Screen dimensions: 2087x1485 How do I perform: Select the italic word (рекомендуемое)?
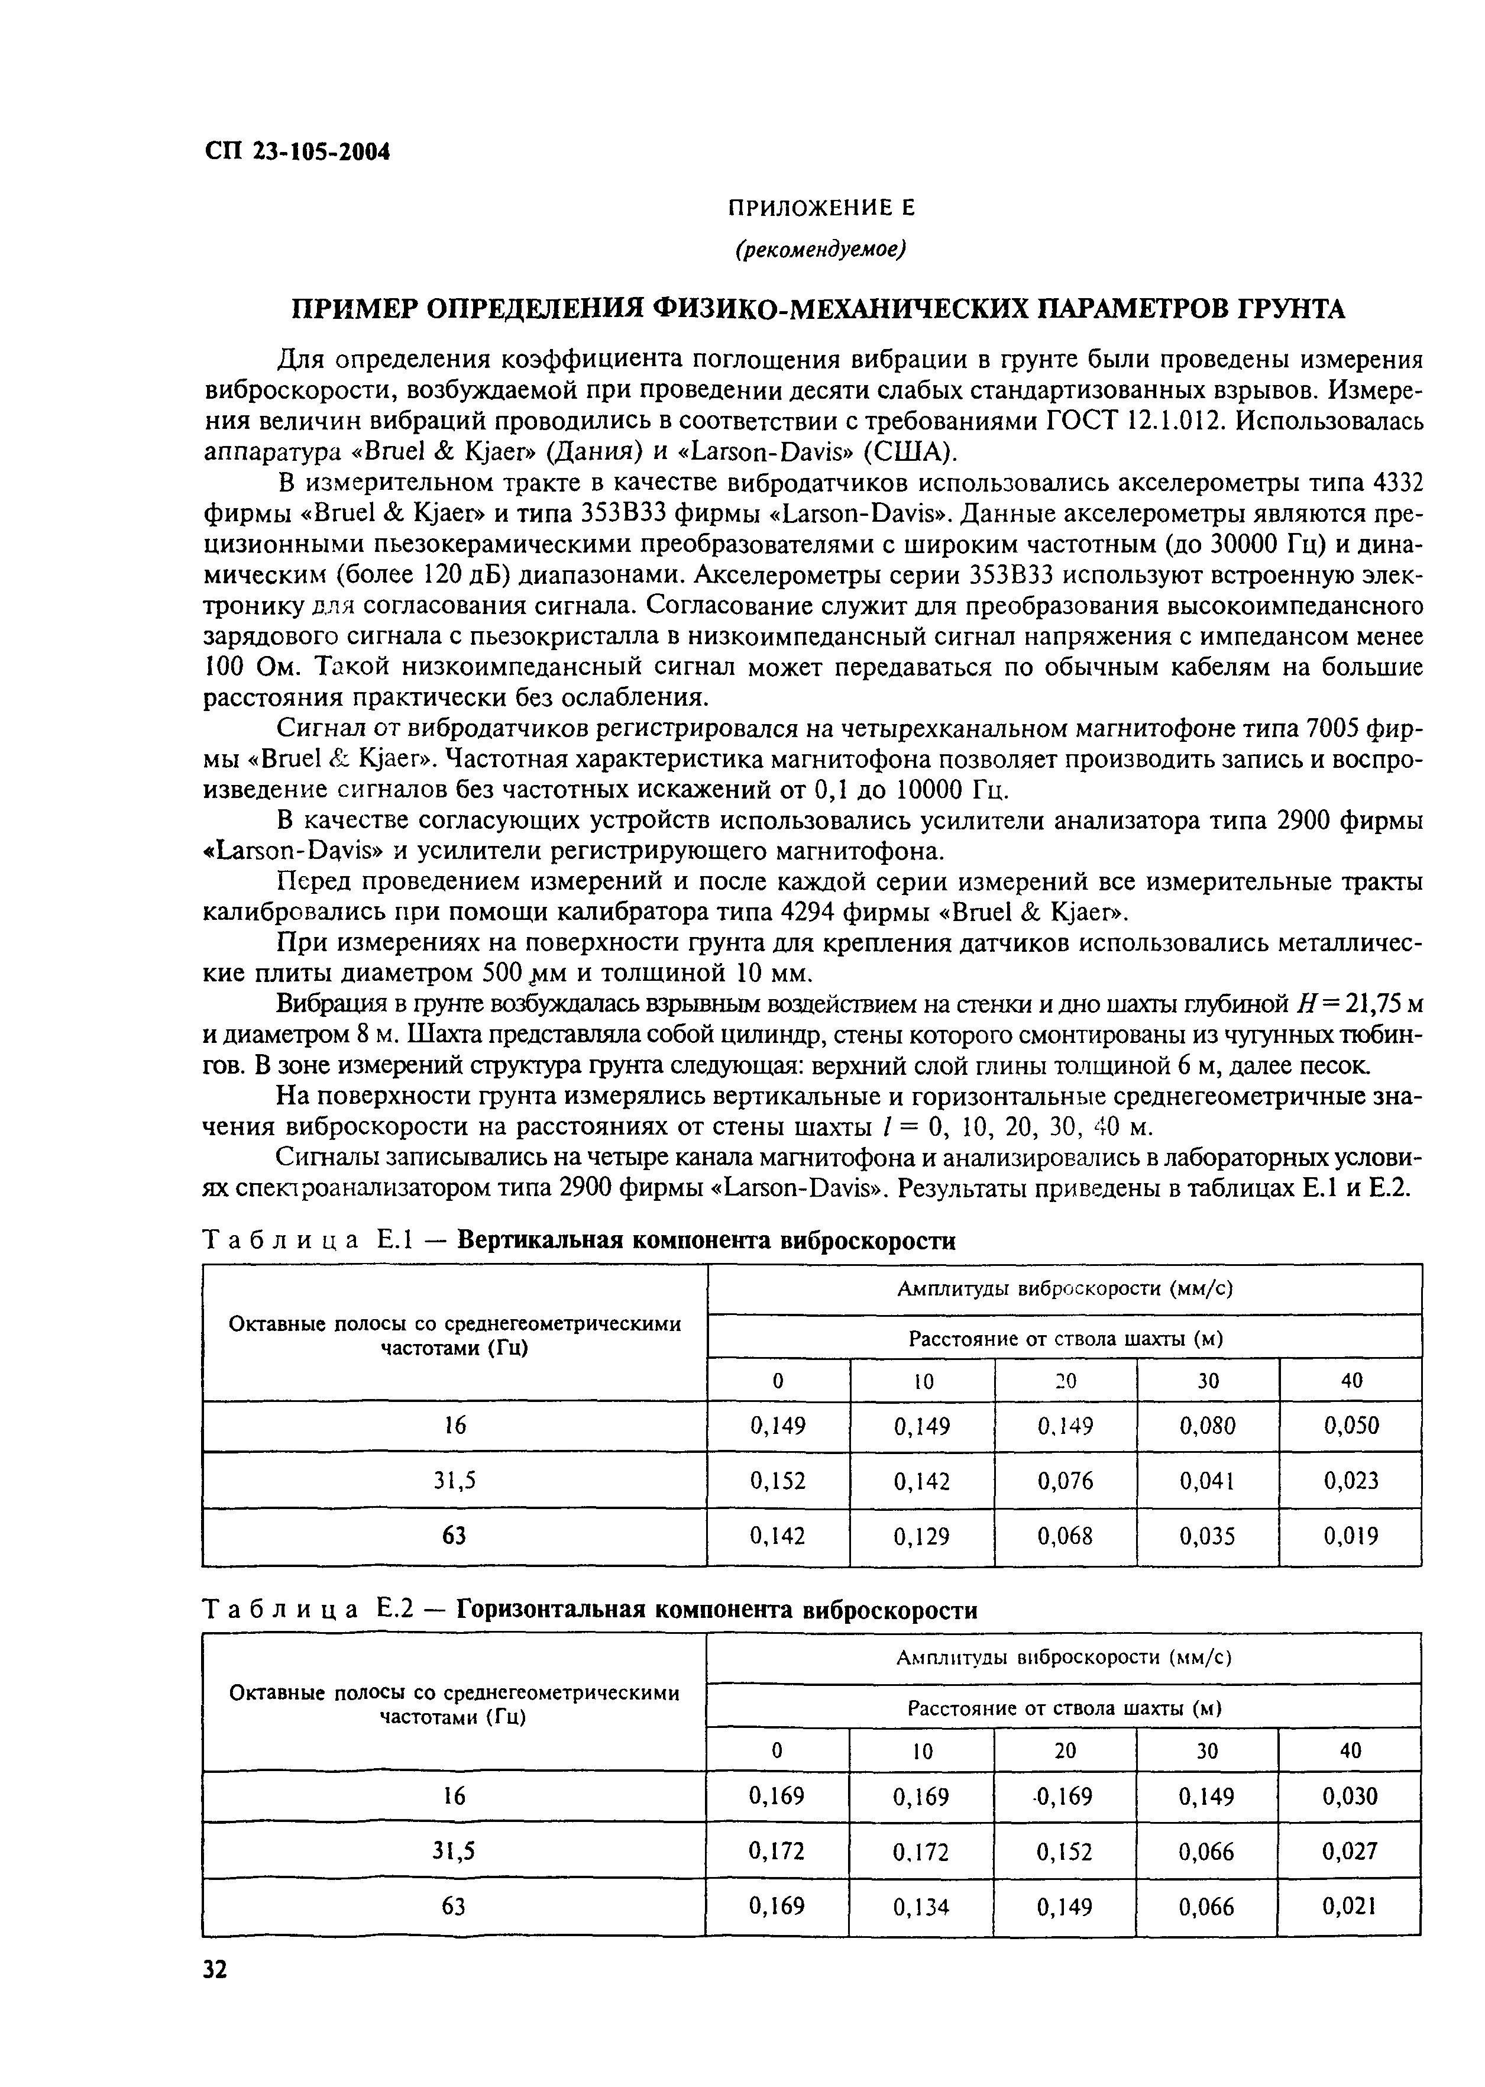click(820, 250)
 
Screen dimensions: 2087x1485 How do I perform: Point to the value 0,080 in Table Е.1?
click(1208, 1426)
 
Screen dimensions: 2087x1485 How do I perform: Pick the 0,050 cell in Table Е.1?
click(1351, 1426)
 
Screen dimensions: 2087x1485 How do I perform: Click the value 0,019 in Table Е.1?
click(1351, 1536)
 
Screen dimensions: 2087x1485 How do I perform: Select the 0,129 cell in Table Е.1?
click(922, 1536)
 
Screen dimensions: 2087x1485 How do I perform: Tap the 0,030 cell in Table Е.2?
click(1349, 1797)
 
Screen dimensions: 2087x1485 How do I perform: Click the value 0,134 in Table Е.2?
click(921, 1907)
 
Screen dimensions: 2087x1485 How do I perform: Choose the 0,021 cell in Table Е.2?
click(1349, 1907)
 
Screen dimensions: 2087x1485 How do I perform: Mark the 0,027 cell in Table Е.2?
click(1349, 1852)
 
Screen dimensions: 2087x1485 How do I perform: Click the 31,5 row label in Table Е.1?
click(454, 1481)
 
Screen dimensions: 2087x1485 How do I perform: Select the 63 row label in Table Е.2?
click(454, 1907)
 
